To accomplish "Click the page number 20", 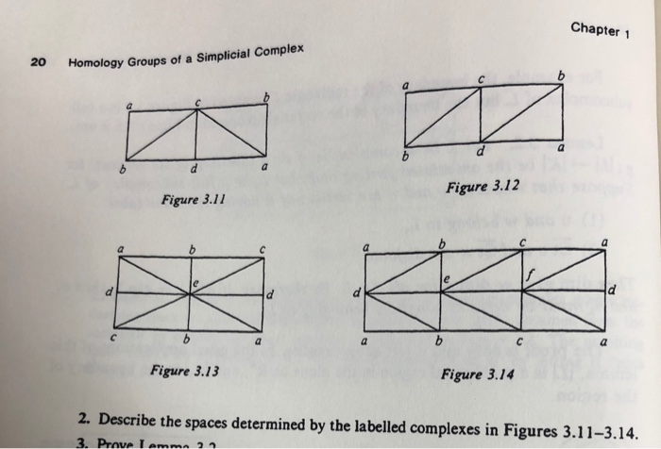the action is pyautogui.click(x=38, y=63).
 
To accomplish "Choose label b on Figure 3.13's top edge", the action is pyautogui.click(x=194, y=250).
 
